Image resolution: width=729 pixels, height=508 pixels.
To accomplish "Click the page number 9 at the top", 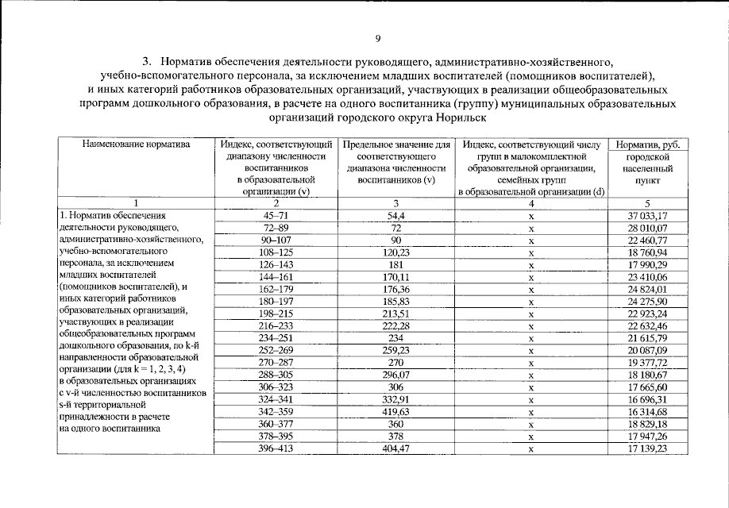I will pos(378,39).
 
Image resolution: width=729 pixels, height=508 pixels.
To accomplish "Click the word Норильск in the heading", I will pos(456,117).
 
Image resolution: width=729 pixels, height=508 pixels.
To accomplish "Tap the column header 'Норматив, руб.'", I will pos(648,144).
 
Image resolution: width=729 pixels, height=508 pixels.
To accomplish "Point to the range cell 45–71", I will pos(276,215).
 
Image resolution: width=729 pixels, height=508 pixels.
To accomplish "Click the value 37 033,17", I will pos(648,215).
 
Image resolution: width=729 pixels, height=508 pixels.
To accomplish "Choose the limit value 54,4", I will pos(396,215).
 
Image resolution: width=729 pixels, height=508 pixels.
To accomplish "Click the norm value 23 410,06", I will pos(648,277).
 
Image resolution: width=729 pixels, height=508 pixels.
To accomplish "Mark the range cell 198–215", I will pos(276,314).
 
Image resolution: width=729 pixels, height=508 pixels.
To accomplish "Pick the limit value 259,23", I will pos(396,351).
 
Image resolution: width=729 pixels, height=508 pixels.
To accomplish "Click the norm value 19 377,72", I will pos(648,364).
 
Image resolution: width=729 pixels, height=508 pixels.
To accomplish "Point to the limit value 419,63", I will pos(396,413).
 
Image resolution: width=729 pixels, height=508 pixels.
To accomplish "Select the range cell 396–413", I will pos(276,449).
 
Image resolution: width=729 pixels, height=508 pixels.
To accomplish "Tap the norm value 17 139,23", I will pos(648,449).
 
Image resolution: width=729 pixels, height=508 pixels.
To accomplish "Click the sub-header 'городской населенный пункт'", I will pos(648,169).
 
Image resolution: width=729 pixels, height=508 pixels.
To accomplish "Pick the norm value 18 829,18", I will pos(648,425).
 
